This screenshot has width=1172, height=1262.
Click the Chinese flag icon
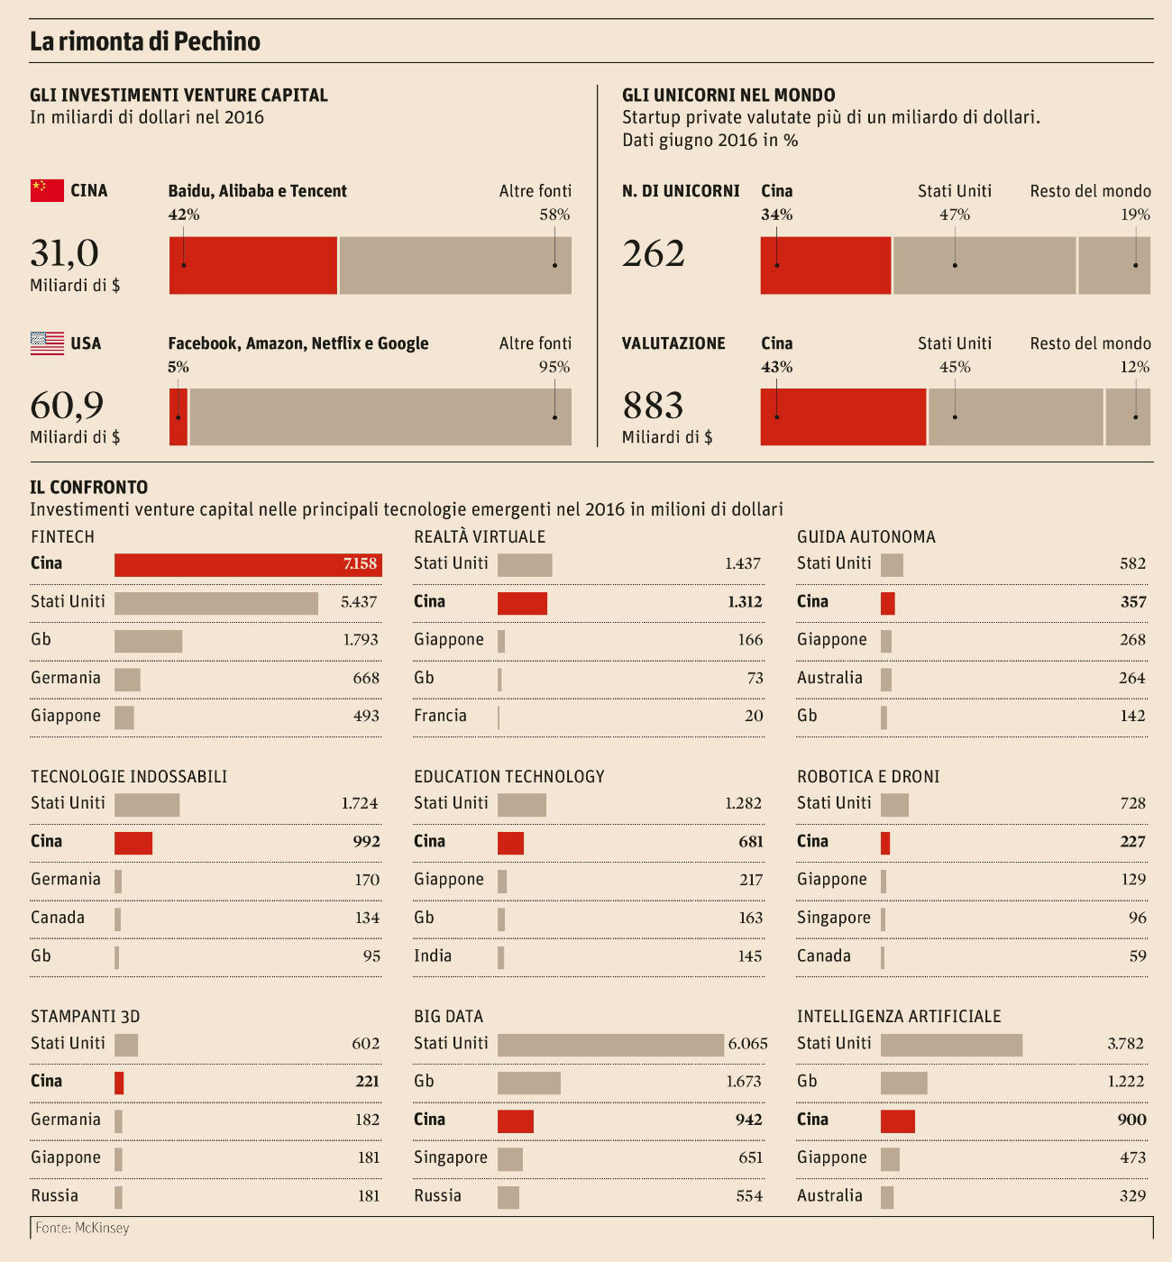tap(47, 190)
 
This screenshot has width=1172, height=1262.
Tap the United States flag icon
tap(47, 343)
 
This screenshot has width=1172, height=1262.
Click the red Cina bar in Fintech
tap(248, 564)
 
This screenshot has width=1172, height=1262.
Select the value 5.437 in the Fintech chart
tap(359, 602)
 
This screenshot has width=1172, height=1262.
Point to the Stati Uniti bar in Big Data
tap(610, 1045)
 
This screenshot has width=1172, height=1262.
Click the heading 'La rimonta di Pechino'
tap(145, 41)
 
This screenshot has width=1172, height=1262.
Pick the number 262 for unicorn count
tap(654, 253)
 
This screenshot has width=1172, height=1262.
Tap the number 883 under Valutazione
tap(654, 406)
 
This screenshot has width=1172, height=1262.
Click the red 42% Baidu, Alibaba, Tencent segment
tap(253, 266)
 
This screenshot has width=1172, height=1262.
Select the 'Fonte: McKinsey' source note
tap(82, 1228)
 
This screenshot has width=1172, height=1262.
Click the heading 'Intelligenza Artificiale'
tap(899, 1016)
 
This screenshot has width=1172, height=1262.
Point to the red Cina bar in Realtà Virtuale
tap(522, 603)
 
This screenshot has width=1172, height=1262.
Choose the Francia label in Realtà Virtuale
tap(440, 716)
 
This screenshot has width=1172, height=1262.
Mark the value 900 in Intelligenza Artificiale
tap(1131, 1120)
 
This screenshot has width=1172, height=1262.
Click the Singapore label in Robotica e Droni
tap(834, 918)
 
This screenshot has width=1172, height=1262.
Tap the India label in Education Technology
tap(433, 956)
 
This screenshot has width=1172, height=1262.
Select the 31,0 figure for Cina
tap(64, 253)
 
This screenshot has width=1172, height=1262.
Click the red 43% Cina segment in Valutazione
tap(843, 417)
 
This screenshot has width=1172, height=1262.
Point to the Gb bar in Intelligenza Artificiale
tap(903, 1083)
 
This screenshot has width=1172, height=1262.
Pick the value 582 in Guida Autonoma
tap(1132, 563)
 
